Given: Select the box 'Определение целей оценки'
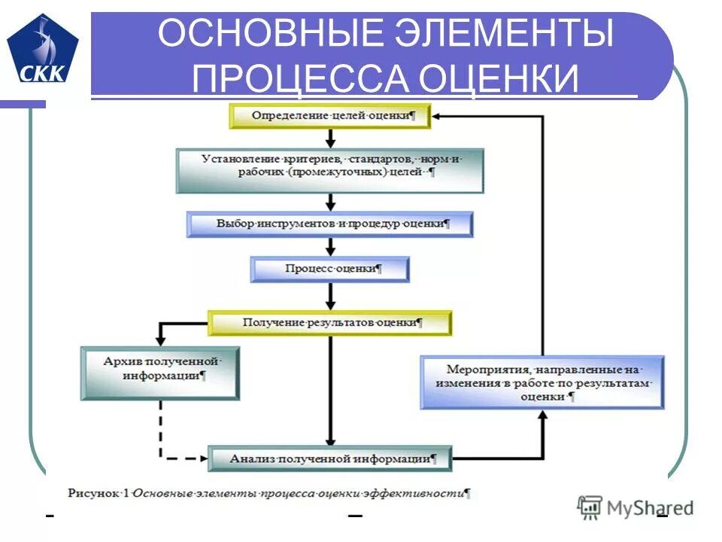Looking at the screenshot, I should [x=331, y=117].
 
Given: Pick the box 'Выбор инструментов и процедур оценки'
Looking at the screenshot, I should [x=330, y=224].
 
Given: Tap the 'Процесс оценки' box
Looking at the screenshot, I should [x=330, y=269].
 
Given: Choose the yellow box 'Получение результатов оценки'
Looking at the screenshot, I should [x=330, y=323].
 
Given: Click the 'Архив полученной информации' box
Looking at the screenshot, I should [x=159, y=372].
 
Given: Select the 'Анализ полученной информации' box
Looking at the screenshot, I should [x=330, y=458].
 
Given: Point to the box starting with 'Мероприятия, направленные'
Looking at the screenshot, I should [x=542, y=382].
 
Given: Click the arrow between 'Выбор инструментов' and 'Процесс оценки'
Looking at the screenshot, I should [x=330, y=247].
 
